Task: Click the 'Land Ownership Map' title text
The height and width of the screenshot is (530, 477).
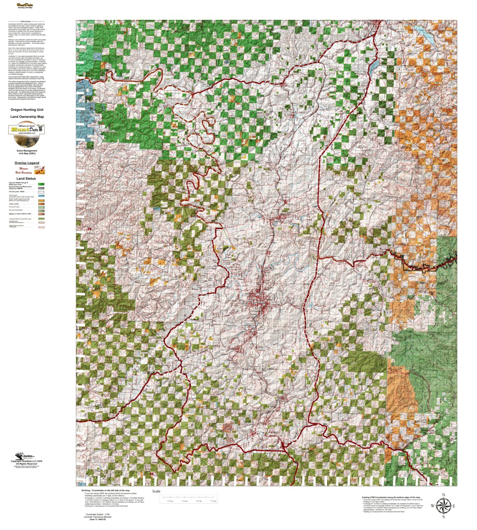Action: (x=27, y=117)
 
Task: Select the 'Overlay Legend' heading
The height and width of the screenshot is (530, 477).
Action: (x=27, y=163)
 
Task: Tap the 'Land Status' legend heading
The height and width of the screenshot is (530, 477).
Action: (x=26, y=179)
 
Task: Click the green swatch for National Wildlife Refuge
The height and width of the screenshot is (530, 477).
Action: (x=41, y=185)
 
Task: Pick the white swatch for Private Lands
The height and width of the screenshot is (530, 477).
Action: (x=41, y=192)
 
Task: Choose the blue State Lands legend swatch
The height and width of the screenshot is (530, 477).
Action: (x=41, y=196)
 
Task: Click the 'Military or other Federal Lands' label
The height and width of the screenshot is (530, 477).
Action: (x=21, y=214)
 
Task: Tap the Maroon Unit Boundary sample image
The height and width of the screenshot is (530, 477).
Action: (x=40, y=170)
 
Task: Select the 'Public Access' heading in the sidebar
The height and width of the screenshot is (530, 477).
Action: (x=26, y=21)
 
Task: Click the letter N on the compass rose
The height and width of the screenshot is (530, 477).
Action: (x=443, y=495)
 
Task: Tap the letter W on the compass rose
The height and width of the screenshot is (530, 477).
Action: (x=432, y=506)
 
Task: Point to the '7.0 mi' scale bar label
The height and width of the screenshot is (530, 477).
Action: (x=213, y=501)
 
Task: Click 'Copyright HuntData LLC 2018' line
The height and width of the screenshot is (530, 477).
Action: (x=27, y=461)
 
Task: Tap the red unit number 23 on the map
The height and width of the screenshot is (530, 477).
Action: (x=268, y=253)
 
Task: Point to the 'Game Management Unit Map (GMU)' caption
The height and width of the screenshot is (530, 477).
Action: (x=27, y=152)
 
